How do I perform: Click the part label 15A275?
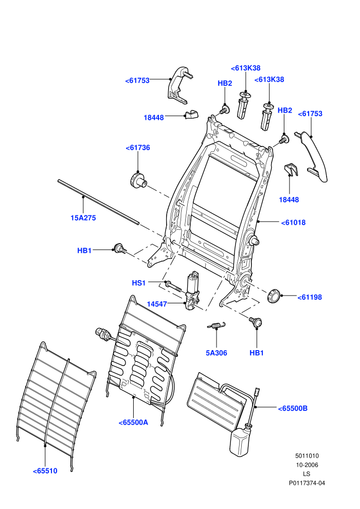83,218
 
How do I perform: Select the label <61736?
138,148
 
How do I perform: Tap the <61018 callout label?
293,223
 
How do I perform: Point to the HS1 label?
139,283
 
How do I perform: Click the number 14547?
157,304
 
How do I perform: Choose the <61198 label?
310,297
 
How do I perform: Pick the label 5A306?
216,353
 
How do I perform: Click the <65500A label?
133,422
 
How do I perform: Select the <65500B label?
293,408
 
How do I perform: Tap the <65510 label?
45,471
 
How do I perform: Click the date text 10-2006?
307,465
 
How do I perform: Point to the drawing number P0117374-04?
307,483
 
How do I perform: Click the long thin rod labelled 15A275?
98,202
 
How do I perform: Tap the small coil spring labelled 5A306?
216,325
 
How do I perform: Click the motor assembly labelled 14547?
192,290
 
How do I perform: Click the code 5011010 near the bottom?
307,456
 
